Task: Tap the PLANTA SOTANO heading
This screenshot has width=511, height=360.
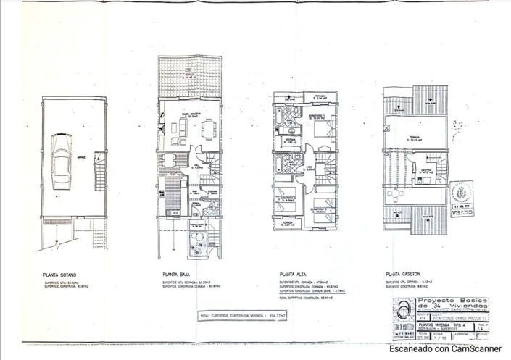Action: pyautogui.click(x=59, y=275)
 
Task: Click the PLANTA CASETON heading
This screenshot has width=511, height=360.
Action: pyautogui.click(x=403, y=275)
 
